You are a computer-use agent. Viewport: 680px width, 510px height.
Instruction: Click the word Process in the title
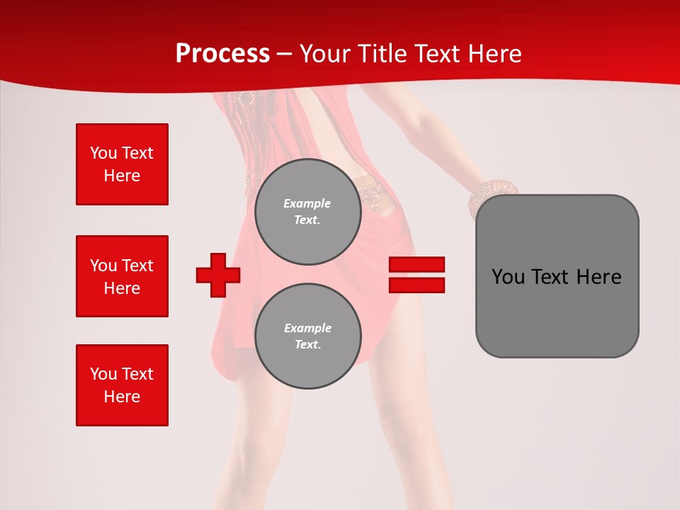(x=222, y=53)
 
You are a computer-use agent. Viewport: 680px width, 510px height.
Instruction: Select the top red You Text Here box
(x=122, y=164)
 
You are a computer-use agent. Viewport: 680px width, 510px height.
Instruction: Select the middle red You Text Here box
(x=122, y=276)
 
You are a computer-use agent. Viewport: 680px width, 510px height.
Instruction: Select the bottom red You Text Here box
(x=122, y=385)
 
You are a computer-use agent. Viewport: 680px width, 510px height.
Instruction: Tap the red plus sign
(x=218, y=275)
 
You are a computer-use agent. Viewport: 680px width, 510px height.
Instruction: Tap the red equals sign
(x=416, y=275)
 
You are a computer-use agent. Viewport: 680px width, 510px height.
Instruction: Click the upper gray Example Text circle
(x=307, y=211)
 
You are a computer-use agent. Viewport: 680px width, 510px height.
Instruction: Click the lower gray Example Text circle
(x=307, y=336)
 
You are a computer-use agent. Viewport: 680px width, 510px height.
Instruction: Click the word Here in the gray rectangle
(x=599, y=277)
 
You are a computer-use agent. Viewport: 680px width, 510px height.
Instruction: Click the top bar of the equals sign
(x=416, y=265)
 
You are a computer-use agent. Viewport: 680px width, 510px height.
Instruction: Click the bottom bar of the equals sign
(x=416, y=285)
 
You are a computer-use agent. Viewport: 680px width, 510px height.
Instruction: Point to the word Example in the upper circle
(x=307, y=203)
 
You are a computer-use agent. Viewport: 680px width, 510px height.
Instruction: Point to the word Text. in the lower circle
(x=307, y=345)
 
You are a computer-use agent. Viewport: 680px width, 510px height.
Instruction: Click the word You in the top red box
(x=103, y=153)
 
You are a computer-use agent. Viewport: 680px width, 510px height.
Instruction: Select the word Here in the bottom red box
(x=122, y=397)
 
